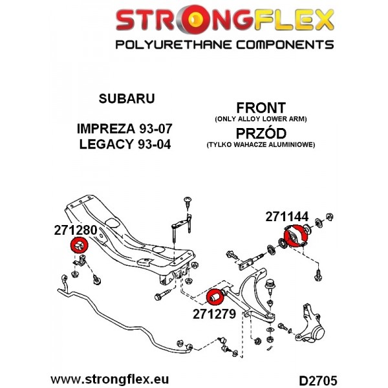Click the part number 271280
pyautogui.click(x=76, y=230)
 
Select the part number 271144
pyautogui.click(x=287, y=217)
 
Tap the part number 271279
pyautogui.click(x=214, y=314)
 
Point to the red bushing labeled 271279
pyautogui.click(x=215, y=296)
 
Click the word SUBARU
pyautogui.click(x=127, y=98)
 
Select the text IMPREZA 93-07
pyautogui.click(x=124, y=129)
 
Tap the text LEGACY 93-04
pyautogui.click(x=125, y=144)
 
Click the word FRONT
pyautogui.click(x=261, y=108)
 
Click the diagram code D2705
pyautogui.click(x=318, y=380)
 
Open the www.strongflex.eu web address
pyautogui.click(x=110, y=380)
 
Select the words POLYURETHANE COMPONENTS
pyautogui.click(x=224, y=45)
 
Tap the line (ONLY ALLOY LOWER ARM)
pyautogui.click(x=261, y=119)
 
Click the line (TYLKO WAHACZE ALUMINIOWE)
pyautogui.click(x=261, y=144)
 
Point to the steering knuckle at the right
pyautogui.click(x=310, y=324)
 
